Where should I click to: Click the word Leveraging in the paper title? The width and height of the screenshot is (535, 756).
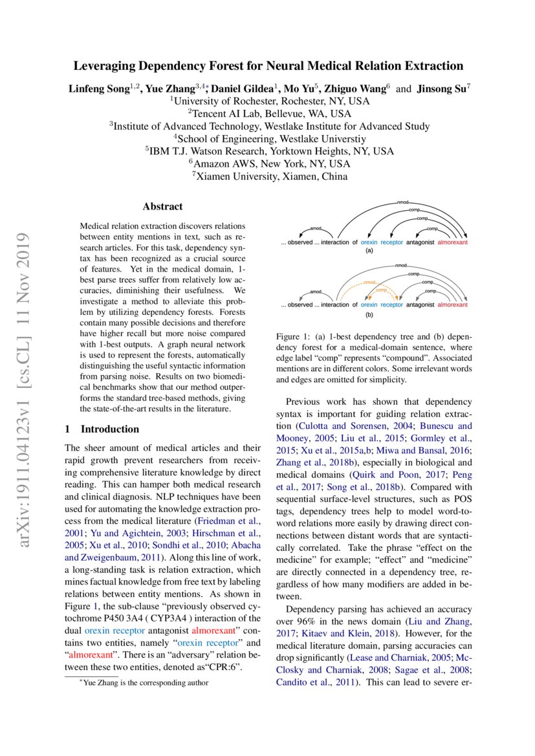tap(104, 66)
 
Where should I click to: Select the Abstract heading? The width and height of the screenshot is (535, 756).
tap(162, 207)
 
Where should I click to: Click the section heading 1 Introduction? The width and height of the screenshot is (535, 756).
tap(102, 429)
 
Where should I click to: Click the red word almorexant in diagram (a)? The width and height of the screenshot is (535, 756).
tap(452, 243)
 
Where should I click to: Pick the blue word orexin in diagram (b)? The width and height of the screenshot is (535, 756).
tap(369, 305)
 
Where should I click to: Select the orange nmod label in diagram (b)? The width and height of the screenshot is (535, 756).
tap(369, 283)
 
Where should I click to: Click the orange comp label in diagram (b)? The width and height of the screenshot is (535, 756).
tap(372, 291)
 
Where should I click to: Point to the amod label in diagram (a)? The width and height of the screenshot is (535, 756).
tap(316, 228)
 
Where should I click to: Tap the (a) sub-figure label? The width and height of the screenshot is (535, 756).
tap(370, 250)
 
